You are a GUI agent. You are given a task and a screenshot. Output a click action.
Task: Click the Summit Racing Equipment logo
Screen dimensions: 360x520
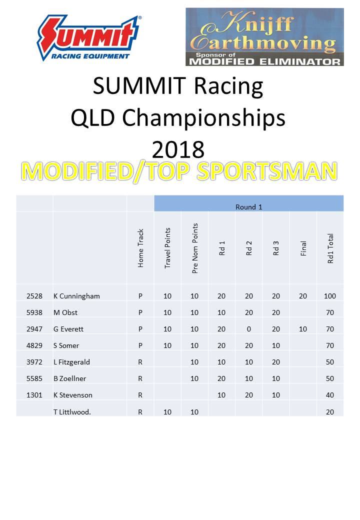point(88,38)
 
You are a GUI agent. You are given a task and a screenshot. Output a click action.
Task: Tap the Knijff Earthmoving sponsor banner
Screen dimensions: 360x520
point(264,37)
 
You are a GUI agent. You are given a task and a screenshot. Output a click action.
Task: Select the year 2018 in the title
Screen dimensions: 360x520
point(178,149)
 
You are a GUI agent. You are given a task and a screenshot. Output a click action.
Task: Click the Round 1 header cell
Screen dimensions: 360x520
point(248,207)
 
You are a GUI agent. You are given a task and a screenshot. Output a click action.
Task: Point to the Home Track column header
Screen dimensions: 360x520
point(140,248)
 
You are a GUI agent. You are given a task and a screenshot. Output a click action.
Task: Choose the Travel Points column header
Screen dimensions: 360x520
point(167,247)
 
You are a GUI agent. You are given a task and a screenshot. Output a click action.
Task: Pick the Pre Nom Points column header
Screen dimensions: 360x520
point(195,248)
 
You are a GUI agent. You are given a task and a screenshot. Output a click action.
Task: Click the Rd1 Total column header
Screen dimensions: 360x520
point(330,248)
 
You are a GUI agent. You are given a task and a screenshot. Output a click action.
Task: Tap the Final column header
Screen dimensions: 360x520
point(303,248)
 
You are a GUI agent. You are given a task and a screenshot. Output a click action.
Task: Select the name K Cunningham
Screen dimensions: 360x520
point(76,296)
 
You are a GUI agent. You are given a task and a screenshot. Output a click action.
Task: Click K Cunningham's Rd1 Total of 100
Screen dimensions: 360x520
point(330,296)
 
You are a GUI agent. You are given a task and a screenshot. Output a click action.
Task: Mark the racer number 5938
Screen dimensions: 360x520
point(34,312)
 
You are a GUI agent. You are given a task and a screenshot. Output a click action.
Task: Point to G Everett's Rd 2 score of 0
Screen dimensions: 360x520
point(249,329)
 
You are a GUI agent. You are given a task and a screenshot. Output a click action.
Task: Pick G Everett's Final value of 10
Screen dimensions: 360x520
point(303,329)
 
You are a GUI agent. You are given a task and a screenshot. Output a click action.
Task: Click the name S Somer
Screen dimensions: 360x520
point(66,345)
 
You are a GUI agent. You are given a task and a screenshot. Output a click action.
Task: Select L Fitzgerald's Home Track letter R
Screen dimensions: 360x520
point(140,362)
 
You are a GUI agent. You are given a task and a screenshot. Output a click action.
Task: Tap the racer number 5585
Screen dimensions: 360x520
point(34,378)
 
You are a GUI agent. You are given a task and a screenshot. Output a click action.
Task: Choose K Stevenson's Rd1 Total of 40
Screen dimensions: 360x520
point(330,395)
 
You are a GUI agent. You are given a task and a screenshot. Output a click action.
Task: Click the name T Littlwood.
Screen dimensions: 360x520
point(72,412)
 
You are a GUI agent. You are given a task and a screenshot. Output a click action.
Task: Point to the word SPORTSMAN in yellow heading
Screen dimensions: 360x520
point(267,171)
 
